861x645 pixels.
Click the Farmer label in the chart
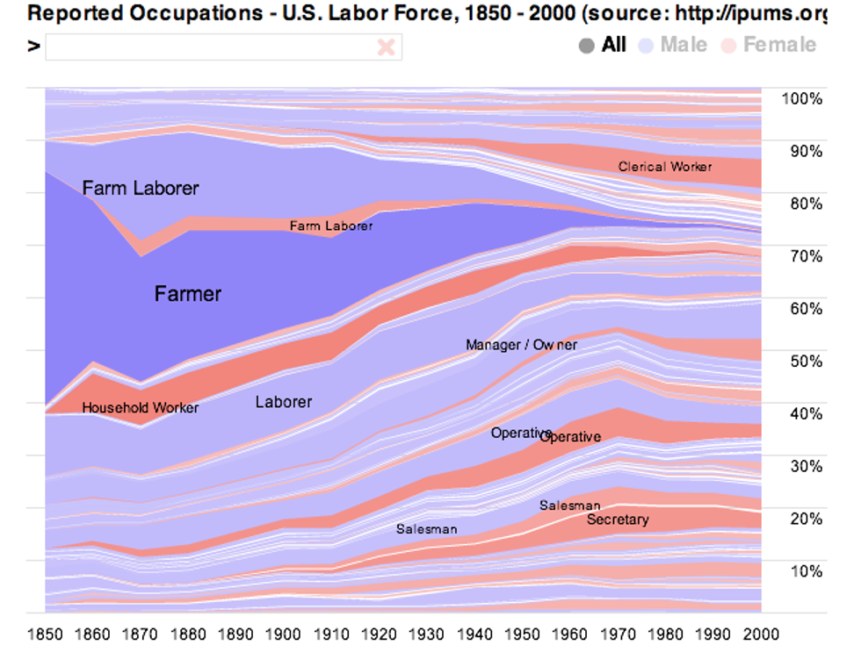click(188, 293)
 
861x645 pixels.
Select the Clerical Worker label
click(664, 167)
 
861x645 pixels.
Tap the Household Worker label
click(140, 408)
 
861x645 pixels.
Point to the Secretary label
click(618, 520)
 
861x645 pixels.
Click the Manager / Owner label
click(521, 345)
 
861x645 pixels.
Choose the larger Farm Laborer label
click(141, 188)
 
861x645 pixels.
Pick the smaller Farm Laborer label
click(331, 226)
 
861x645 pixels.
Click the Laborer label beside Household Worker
click(283, 402)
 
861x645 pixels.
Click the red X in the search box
click(386, 47)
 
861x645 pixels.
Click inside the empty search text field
click(211, 47)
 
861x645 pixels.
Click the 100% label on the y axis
click(801, 98)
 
